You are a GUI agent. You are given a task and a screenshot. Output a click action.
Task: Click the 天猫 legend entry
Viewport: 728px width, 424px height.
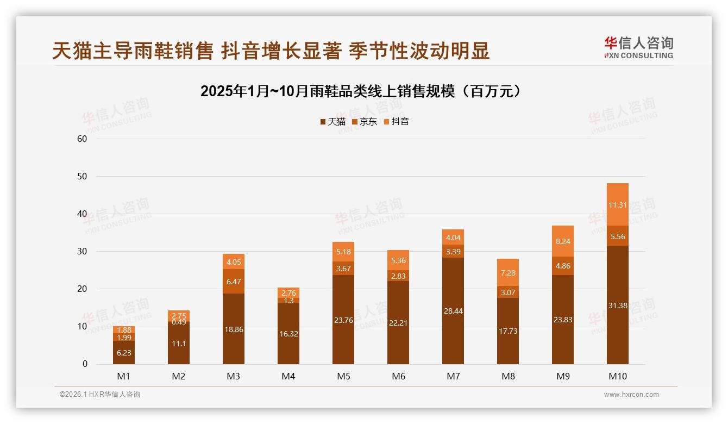click(x=332, y=122)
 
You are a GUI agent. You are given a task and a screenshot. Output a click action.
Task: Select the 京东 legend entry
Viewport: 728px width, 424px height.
click(x=365, y=122)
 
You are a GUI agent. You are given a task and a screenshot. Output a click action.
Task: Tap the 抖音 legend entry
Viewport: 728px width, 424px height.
click(x=397, y=122)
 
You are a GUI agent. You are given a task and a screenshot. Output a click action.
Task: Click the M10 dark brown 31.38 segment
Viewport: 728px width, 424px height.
click(x=618, y=305)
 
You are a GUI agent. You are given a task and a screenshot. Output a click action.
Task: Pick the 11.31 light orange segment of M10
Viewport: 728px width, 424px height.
click(x=618, y=205)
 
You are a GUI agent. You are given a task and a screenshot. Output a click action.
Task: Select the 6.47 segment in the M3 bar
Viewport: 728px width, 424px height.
click(x=234, y=281)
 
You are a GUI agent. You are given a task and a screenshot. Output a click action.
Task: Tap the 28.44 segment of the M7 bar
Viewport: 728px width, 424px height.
click(x=453, y=310)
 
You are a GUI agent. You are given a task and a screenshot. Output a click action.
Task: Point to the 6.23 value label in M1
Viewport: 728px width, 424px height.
click(x=124, y=353)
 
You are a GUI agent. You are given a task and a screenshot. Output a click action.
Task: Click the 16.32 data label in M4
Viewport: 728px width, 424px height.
click(x=288, y=334)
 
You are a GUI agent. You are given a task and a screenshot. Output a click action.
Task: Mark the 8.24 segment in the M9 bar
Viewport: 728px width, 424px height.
click(x=563, y=241)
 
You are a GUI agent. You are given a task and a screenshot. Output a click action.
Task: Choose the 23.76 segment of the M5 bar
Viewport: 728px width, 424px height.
click(x=343, y=320)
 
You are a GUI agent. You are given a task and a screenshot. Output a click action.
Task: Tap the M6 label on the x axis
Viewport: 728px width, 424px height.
click(x=398, y=376)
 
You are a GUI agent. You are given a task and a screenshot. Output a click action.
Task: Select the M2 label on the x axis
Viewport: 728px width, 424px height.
click(x=179, y=376)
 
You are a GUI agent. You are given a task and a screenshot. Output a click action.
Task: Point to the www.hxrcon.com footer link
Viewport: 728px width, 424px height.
click(x=631, y=395)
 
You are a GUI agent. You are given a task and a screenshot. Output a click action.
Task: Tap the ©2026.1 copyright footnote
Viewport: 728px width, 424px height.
click(x=100, y=395)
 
